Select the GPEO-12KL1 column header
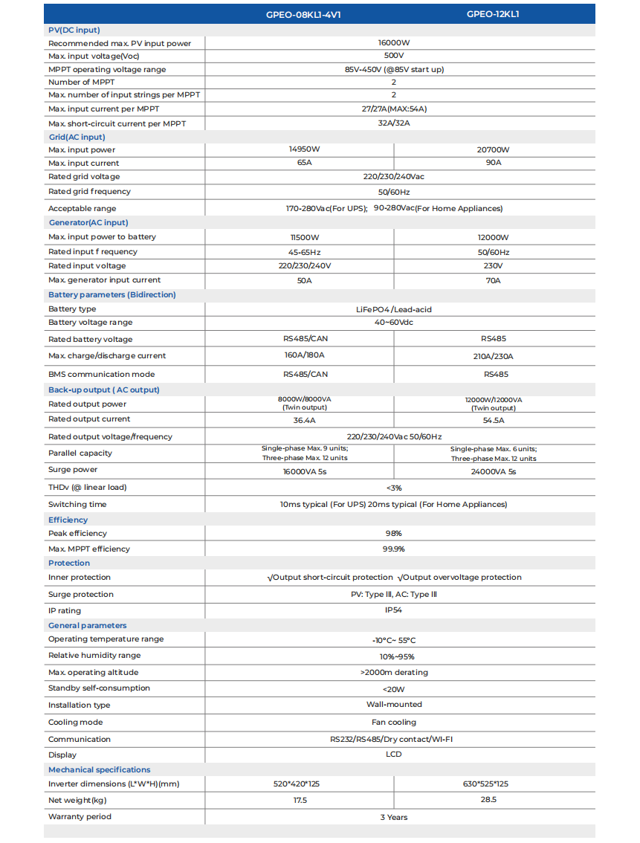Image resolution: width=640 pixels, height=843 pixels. tap(493, 14)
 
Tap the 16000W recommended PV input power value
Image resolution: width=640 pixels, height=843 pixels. tap(393, 43)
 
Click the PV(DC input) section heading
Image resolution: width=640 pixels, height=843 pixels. tap(74, 30)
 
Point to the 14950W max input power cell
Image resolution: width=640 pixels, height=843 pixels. tap(305, 149)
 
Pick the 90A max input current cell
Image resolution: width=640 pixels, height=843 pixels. tap(494, 163)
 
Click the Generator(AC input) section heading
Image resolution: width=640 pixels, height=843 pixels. tap(88, 222)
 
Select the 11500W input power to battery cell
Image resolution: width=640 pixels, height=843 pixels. tap(305, 237)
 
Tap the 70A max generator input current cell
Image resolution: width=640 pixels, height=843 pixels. tap(494, 281)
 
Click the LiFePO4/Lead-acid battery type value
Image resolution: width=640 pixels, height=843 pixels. tap(393, 309)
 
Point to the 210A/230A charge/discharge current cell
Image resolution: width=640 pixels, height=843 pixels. tap(494, 356)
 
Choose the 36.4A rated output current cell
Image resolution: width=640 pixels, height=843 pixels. tap(305, 420)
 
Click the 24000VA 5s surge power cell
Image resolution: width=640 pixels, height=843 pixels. tap(494, 471)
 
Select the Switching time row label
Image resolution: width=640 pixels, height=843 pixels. tap(77, 504)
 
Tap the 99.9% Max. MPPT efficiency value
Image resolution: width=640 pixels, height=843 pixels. tap(393, 549)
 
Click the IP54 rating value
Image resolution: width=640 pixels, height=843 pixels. tap(393, 610)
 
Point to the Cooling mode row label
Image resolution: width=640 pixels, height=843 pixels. tap(76, 722)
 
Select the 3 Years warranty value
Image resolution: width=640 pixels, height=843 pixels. tap(393, 817)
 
